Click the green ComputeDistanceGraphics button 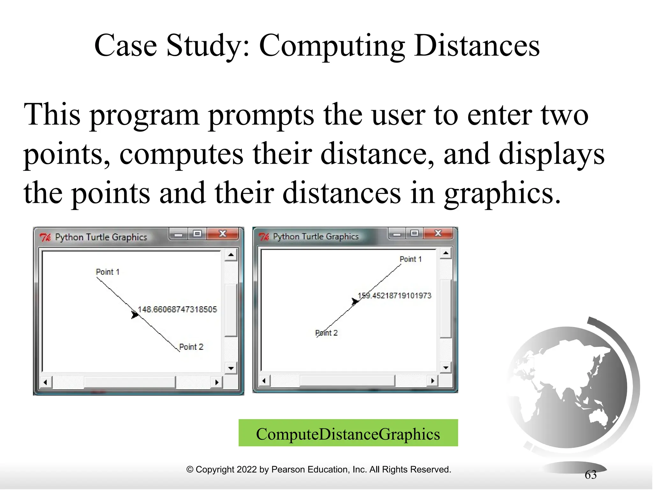coord(348,433)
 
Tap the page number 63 coord(591,475)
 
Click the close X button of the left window coord(223,234)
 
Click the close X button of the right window coord(438,233)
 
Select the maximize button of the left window coord(197,234)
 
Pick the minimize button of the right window coord(397,234)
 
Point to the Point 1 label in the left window coord(107,272)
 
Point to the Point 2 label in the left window coord(191,347)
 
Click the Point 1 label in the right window coord(410,259)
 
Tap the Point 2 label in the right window coord(326,333)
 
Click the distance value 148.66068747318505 coord(177,309)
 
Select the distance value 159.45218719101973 coord(394,295)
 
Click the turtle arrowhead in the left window coord(135,315)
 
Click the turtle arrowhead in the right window coord(355,301)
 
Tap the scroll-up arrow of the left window coord(231,255)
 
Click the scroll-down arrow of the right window coord(446,367)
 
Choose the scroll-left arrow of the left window coord(46,382)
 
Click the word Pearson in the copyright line coord(285,469)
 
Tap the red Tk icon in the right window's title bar coord(264,237)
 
